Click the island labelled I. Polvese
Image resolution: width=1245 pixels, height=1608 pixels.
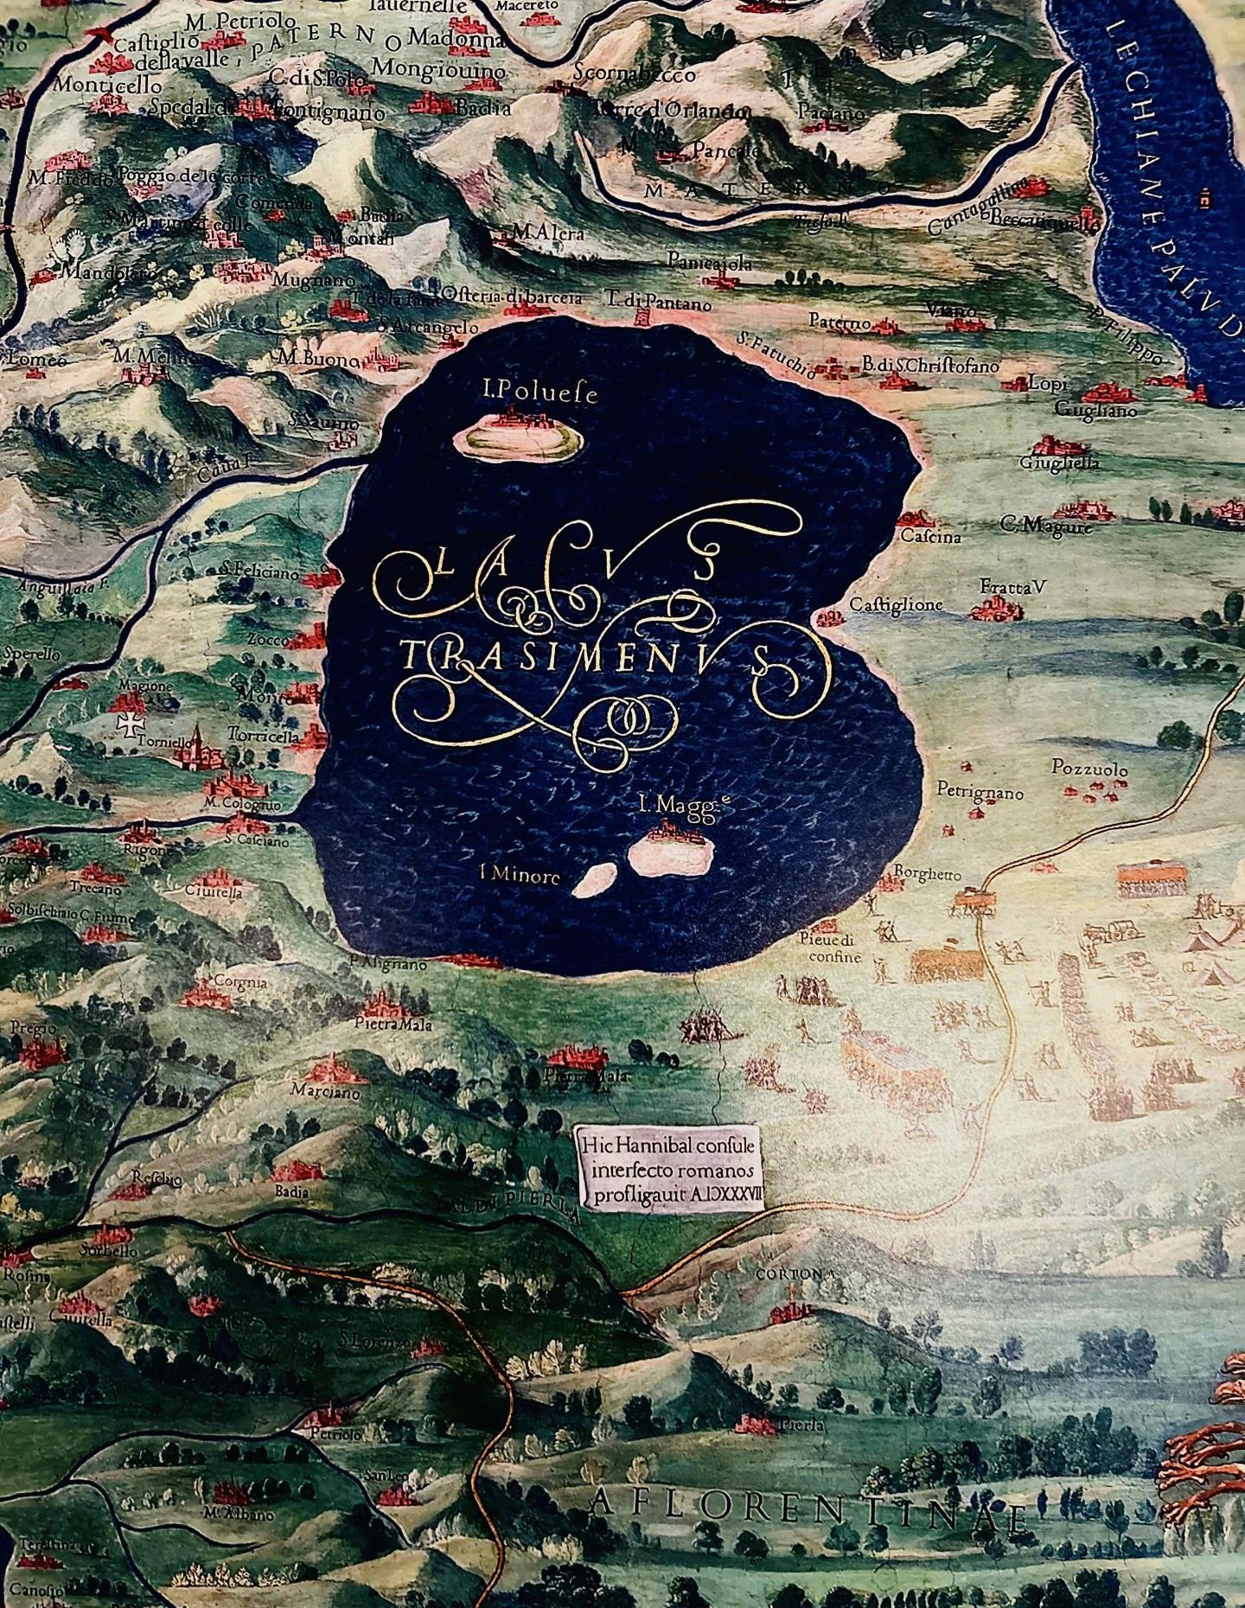518,437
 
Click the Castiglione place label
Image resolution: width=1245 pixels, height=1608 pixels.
895,605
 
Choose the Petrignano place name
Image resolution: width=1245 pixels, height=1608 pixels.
980,792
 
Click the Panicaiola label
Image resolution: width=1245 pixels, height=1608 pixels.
710,263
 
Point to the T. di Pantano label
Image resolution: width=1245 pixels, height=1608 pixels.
658,303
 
